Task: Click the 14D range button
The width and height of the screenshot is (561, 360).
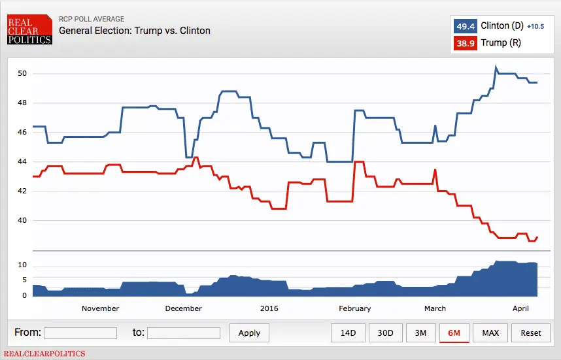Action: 348,333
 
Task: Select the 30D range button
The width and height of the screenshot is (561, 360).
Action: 385,333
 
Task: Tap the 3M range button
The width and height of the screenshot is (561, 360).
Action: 420,333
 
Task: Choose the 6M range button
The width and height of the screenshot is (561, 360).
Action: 454,333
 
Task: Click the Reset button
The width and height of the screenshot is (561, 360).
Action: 531,333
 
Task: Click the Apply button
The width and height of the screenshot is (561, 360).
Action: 249,333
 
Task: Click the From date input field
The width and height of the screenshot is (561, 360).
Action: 80,333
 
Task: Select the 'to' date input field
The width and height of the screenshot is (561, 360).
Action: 184,333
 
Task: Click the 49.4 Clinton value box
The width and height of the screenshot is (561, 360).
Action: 465,26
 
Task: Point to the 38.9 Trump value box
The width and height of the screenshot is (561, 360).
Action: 465,43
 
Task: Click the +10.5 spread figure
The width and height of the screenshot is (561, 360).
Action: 535,27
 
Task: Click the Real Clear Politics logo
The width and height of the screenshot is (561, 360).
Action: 29,30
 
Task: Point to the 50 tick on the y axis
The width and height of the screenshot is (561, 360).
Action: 22,73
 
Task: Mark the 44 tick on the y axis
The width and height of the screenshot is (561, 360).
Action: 22,161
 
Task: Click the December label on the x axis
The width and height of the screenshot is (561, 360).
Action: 184,308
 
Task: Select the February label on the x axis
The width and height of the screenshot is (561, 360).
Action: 355,308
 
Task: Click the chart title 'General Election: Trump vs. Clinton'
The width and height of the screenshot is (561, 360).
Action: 135,31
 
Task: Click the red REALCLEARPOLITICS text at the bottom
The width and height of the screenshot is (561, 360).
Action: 44,353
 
